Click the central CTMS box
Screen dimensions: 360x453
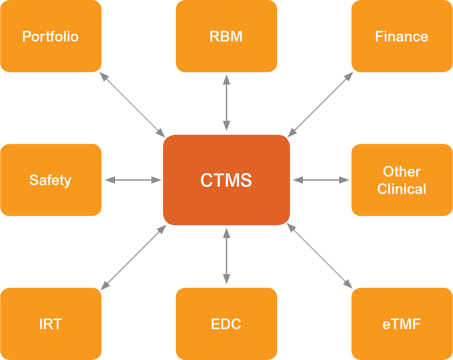coord(226,180)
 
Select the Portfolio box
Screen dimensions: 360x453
coord(51,36)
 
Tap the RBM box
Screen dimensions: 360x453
coord(226,36)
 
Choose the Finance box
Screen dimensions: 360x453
coord(402,36)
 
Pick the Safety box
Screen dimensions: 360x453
coord(51,180)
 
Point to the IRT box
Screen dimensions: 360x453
coord(51,324)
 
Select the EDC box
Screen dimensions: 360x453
coord(226,324)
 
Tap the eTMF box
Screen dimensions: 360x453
coord(402,324)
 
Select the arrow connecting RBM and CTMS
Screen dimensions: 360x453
coord(227,103)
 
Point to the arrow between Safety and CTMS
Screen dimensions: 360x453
coord(133,180)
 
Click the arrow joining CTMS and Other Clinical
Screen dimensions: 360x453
coord(321,180)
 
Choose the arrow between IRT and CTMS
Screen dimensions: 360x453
coord(133,257)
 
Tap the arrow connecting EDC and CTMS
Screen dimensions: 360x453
coord(227,256)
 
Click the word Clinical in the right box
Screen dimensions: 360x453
coord(402,189)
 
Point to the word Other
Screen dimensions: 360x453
coord(402,172)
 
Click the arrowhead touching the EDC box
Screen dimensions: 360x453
coord(227,279)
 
